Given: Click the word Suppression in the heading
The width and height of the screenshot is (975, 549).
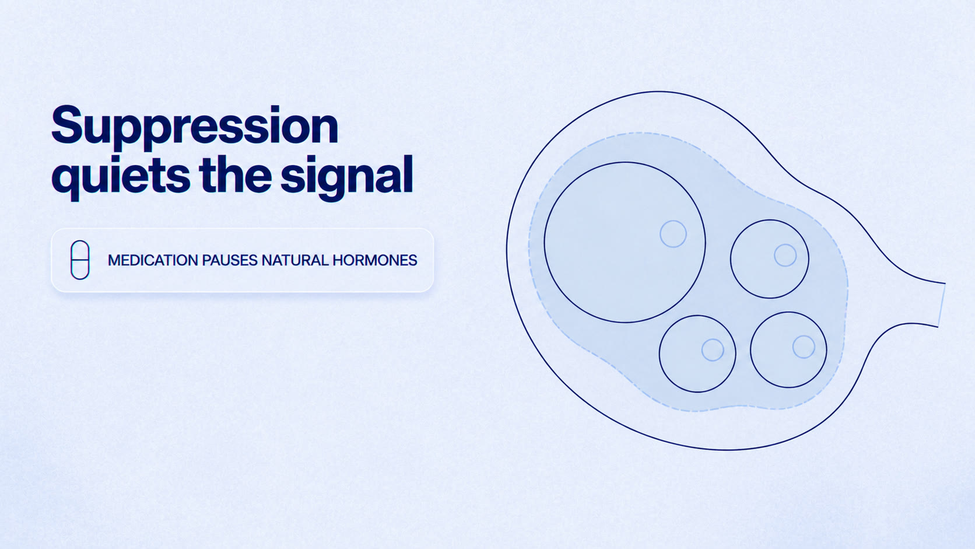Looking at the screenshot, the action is point(195,127).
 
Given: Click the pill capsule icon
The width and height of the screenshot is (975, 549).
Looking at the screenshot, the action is point(80,260).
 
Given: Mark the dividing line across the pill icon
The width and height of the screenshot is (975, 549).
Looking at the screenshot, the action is point(80,260).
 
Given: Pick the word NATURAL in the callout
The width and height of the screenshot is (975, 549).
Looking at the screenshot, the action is point(295,260).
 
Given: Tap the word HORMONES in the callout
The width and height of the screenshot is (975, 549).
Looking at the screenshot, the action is point(375,260).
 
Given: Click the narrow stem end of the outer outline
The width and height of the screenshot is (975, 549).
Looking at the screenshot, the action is point(942,305).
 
